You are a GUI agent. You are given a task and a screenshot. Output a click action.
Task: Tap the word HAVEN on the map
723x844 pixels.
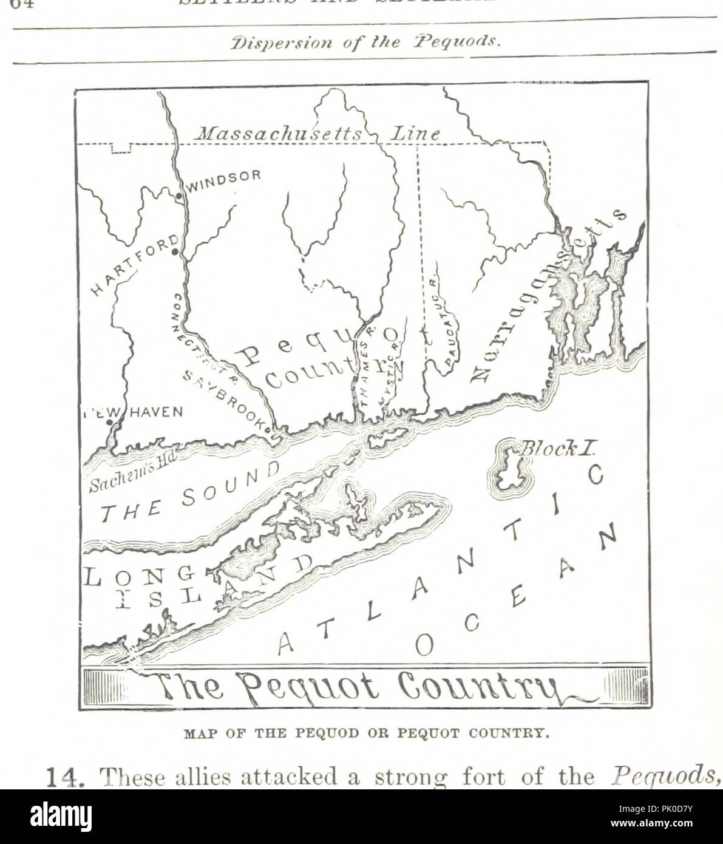pos(155,412)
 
